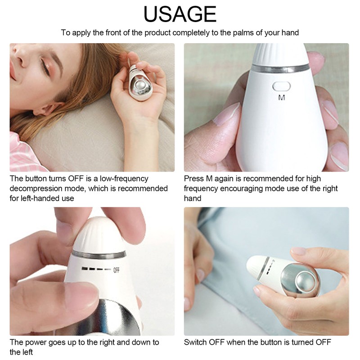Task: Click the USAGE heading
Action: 180,14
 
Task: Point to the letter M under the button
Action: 282,98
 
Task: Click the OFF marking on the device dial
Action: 116,270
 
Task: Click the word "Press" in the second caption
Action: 194,179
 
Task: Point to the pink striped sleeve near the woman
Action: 20,153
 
